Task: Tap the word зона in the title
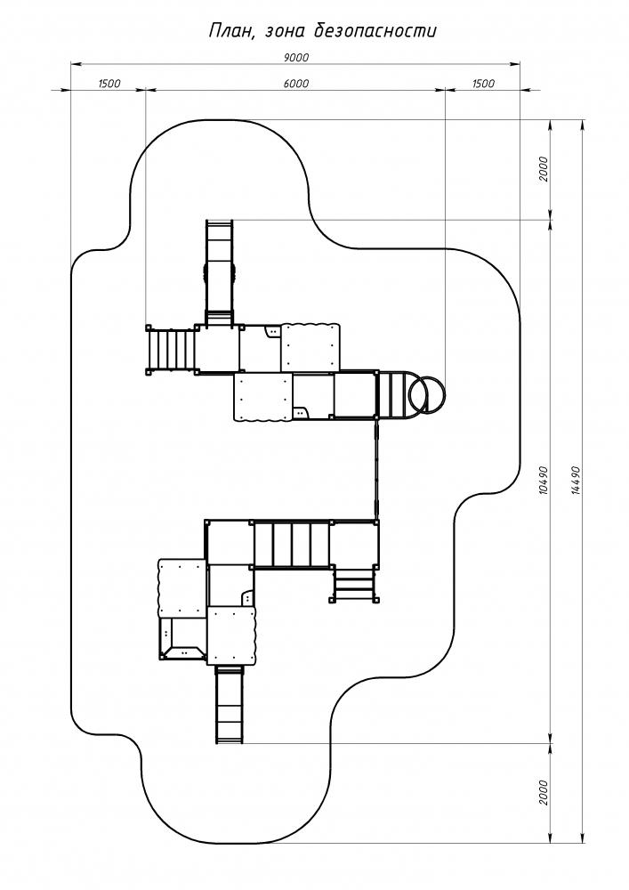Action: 281,32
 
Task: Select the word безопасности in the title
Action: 375,30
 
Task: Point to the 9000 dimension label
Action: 295,57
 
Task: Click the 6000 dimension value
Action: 295,84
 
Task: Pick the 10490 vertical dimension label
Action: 543,481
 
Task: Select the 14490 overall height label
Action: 577,481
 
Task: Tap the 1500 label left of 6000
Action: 109,84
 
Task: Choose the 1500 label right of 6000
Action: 483,84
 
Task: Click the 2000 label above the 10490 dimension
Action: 544,168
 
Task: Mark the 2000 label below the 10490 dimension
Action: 544,792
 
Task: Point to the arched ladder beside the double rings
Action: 397,394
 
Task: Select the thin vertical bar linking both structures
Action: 376,468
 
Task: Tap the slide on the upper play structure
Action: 219,271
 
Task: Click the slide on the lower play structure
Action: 230,704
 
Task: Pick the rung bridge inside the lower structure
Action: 292,545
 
